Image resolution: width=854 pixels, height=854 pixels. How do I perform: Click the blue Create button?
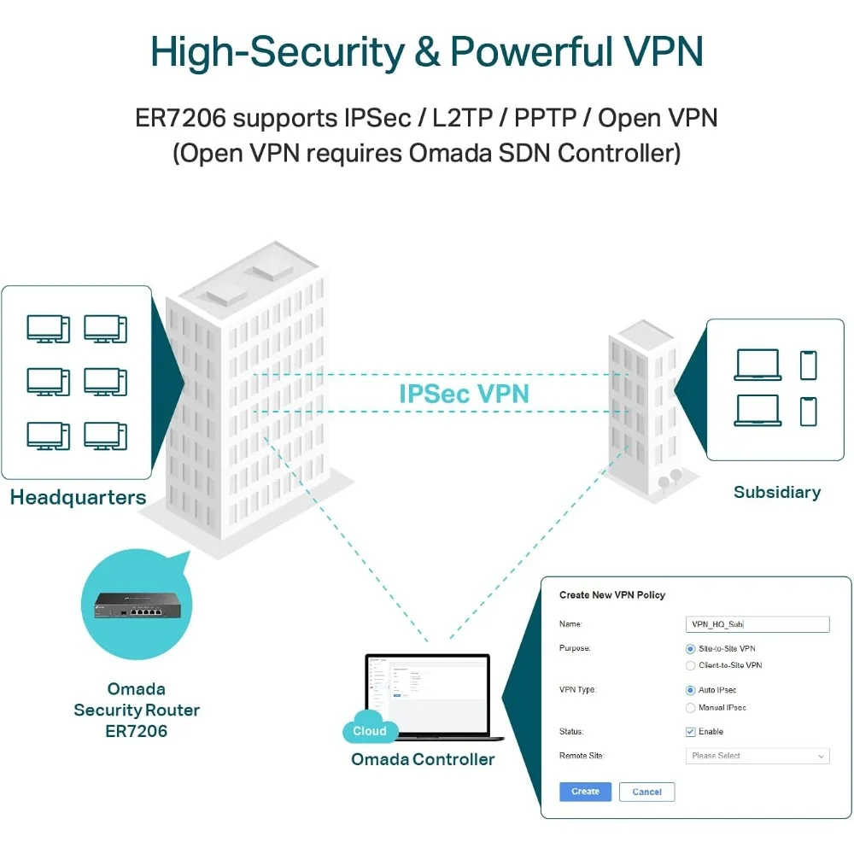tap(585, 792)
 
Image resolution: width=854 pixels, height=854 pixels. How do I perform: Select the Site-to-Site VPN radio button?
tap(691, 649)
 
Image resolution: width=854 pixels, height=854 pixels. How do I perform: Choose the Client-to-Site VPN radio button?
tap(691, 665)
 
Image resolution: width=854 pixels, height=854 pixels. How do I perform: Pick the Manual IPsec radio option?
tap(691, 708)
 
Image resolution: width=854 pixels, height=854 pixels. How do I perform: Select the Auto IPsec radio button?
tap(691, 690)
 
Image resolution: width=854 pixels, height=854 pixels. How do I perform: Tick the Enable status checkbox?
tap(691, 732)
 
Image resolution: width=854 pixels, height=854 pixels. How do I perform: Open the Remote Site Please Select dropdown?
tap(757, 756)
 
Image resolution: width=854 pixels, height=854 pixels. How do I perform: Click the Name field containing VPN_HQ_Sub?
tap(757, 624)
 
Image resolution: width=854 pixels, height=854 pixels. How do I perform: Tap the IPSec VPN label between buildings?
tap(464, 394)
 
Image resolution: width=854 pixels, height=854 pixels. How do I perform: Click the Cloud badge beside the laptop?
tap(370, 731)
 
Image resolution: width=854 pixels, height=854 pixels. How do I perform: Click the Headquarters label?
tap(78, 498)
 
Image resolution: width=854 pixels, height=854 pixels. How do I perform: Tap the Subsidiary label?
tap(776, 492)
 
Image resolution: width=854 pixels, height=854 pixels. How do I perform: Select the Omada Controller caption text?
tap(423, 759)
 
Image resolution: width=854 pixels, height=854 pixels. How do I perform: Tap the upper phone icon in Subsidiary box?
tap(808, 366)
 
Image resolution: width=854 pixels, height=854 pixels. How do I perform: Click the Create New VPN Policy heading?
tap(611, 594)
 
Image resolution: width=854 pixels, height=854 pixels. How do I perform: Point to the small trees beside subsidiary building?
tap(669, 478)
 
